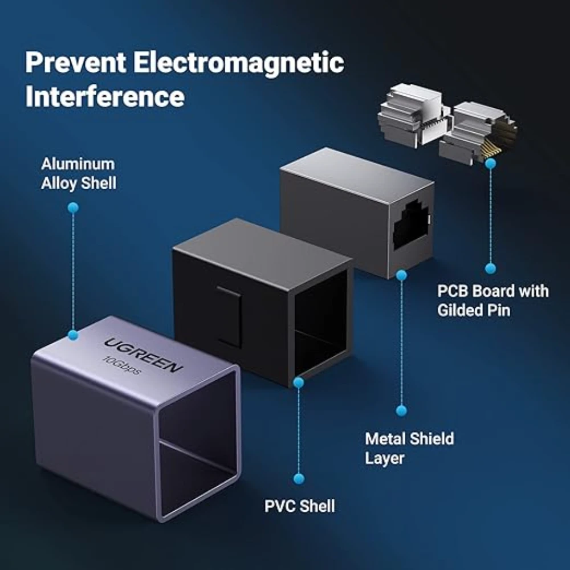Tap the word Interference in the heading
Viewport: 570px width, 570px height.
[x=105, y=96]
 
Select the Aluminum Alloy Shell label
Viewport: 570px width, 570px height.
[x=79, y=173]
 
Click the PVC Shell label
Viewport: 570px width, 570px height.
[x=300, y=506]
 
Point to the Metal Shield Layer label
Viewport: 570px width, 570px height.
[x=409, y=448]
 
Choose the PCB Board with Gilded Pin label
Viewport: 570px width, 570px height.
[x=493, y=300]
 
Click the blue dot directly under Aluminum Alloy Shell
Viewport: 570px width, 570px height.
[x=73, y=208]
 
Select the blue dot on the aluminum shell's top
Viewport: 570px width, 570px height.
[x=73, y=335]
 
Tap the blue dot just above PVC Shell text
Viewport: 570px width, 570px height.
[x=299, y=478]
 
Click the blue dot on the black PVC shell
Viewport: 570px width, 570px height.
[x=299, y=382]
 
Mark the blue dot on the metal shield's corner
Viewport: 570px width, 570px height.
[x=401, y=275]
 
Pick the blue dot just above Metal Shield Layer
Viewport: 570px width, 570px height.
[x=401, y=411]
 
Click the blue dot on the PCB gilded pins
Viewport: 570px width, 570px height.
[x=490, y=164]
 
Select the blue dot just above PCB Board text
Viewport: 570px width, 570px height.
[x=490, y=268]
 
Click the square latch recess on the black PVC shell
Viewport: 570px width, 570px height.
[x=229, y=316]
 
